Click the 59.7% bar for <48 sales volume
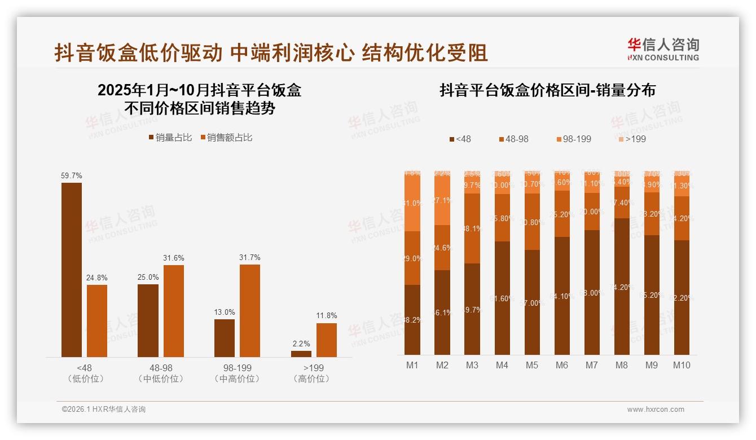(x=72, y=270)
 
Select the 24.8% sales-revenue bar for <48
(x=97, y=320)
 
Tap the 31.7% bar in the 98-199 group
(x=250, y=310)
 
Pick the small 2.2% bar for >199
(x=301, y=354)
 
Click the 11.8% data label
(x=327, y=316)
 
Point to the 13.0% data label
(x=225, y=312)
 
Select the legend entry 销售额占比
(x=226, y=138)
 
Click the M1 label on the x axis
(x=412, y=365)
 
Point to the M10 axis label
(x=682, y=365)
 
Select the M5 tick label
(x=532, y=365)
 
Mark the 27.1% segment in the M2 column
(x=442, y=200)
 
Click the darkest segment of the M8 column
(x=622, y=287)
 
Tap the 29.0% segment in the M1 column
(x=412, y=258)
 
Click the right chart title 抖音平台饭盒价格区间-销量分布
(x=547, y=91)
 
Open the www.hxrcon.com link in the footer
(x=656, y=410)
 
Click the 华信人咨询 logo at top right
(x=663, y=49)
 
